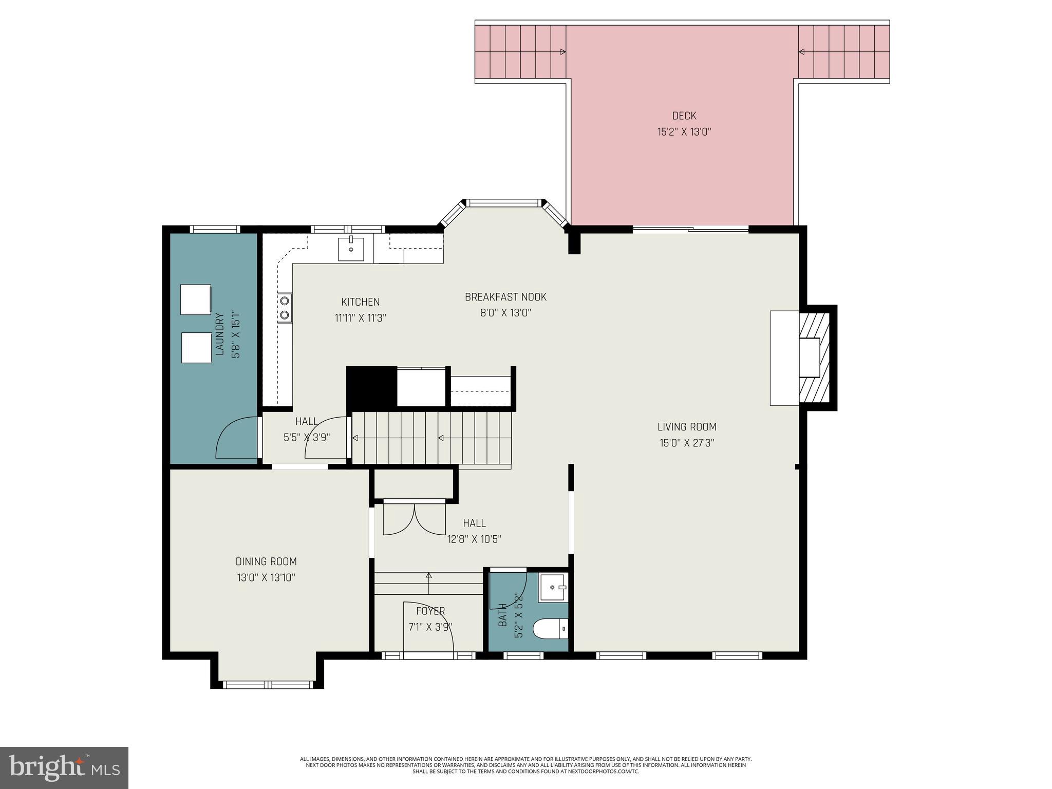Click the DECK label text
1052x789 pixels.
[x=684, y=116]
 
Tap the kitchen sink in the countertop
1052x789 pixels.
[x=351, y=249]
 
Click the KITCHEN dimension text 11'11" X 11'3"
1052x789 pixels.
[x=360, y=318]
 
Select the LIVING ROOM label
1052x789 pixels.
[x=687, y=427]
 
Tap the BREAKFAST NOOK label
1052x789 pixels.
[x=505, y=297]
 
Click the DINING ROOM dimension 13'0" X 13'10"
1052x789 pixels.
[x=266, y=577]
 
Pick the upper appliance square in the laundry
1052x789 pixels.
[x=196, y=299]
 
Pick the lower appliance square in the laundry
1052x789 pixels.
[x=196, y=348]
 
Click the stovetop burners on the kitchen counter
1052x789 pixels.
[x=285, y=308]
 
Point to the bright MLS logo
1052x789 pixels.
[x=64, y=768]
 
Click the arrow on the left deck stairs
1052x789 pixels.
[x=562, y=51]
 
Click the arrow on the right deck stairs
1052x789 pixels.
[x=801, y=51]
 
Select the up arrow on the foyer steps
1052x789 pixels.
[x=429, y=576]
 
